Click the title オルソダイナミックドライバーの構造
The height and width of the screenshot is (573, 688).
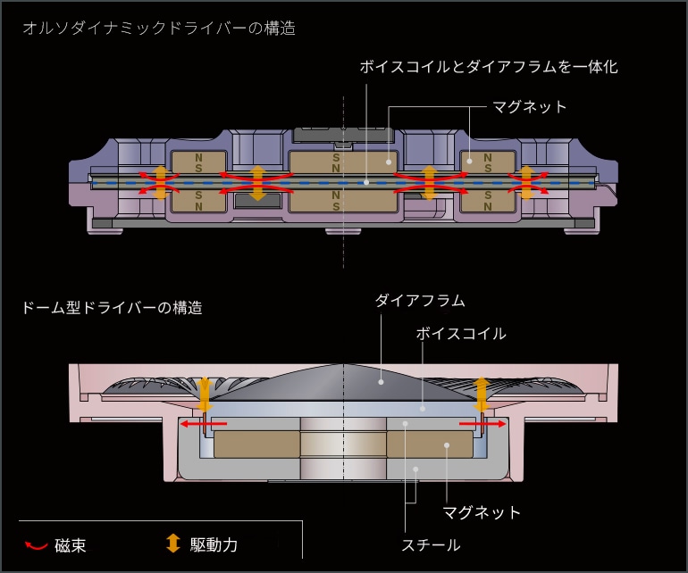click(x=158, y=28)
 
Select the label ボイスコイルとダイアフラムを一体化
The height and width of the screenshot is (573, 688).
click(x=488, y=67)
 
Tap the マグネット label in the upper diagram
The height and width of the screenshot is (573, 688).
click(x=530, y=107)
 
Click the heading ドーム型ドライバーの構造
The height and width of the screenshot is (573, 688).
click(x=112, y=308)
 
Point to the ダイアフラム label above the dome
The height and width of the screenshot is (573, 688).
click(x=420, y=301)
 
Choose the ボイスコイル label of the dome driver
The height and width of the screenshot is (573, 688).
click(x=461, y=334)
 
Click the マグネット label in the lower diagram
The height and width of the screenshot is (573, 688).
click(x=482, y=512)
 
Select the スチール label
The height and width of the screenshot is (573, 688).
click(x=431, y=544)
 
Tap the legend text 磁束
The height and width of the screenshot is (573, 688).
click(x=71, y=545)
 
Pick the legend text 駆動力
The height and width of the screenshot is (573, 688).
click(x=214, y=544)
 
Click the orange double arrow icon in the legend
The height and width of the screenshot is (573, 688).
click(x=173, y=544)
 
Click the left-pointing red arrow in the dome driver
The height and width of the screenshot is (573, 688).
click(x=204, y=424)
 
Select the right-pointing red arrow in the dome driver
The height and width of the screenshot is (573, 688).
click(x=483, y=424)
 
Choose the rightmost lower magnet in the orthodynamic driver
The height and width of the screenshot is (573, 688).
click(x=488, y=201)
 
